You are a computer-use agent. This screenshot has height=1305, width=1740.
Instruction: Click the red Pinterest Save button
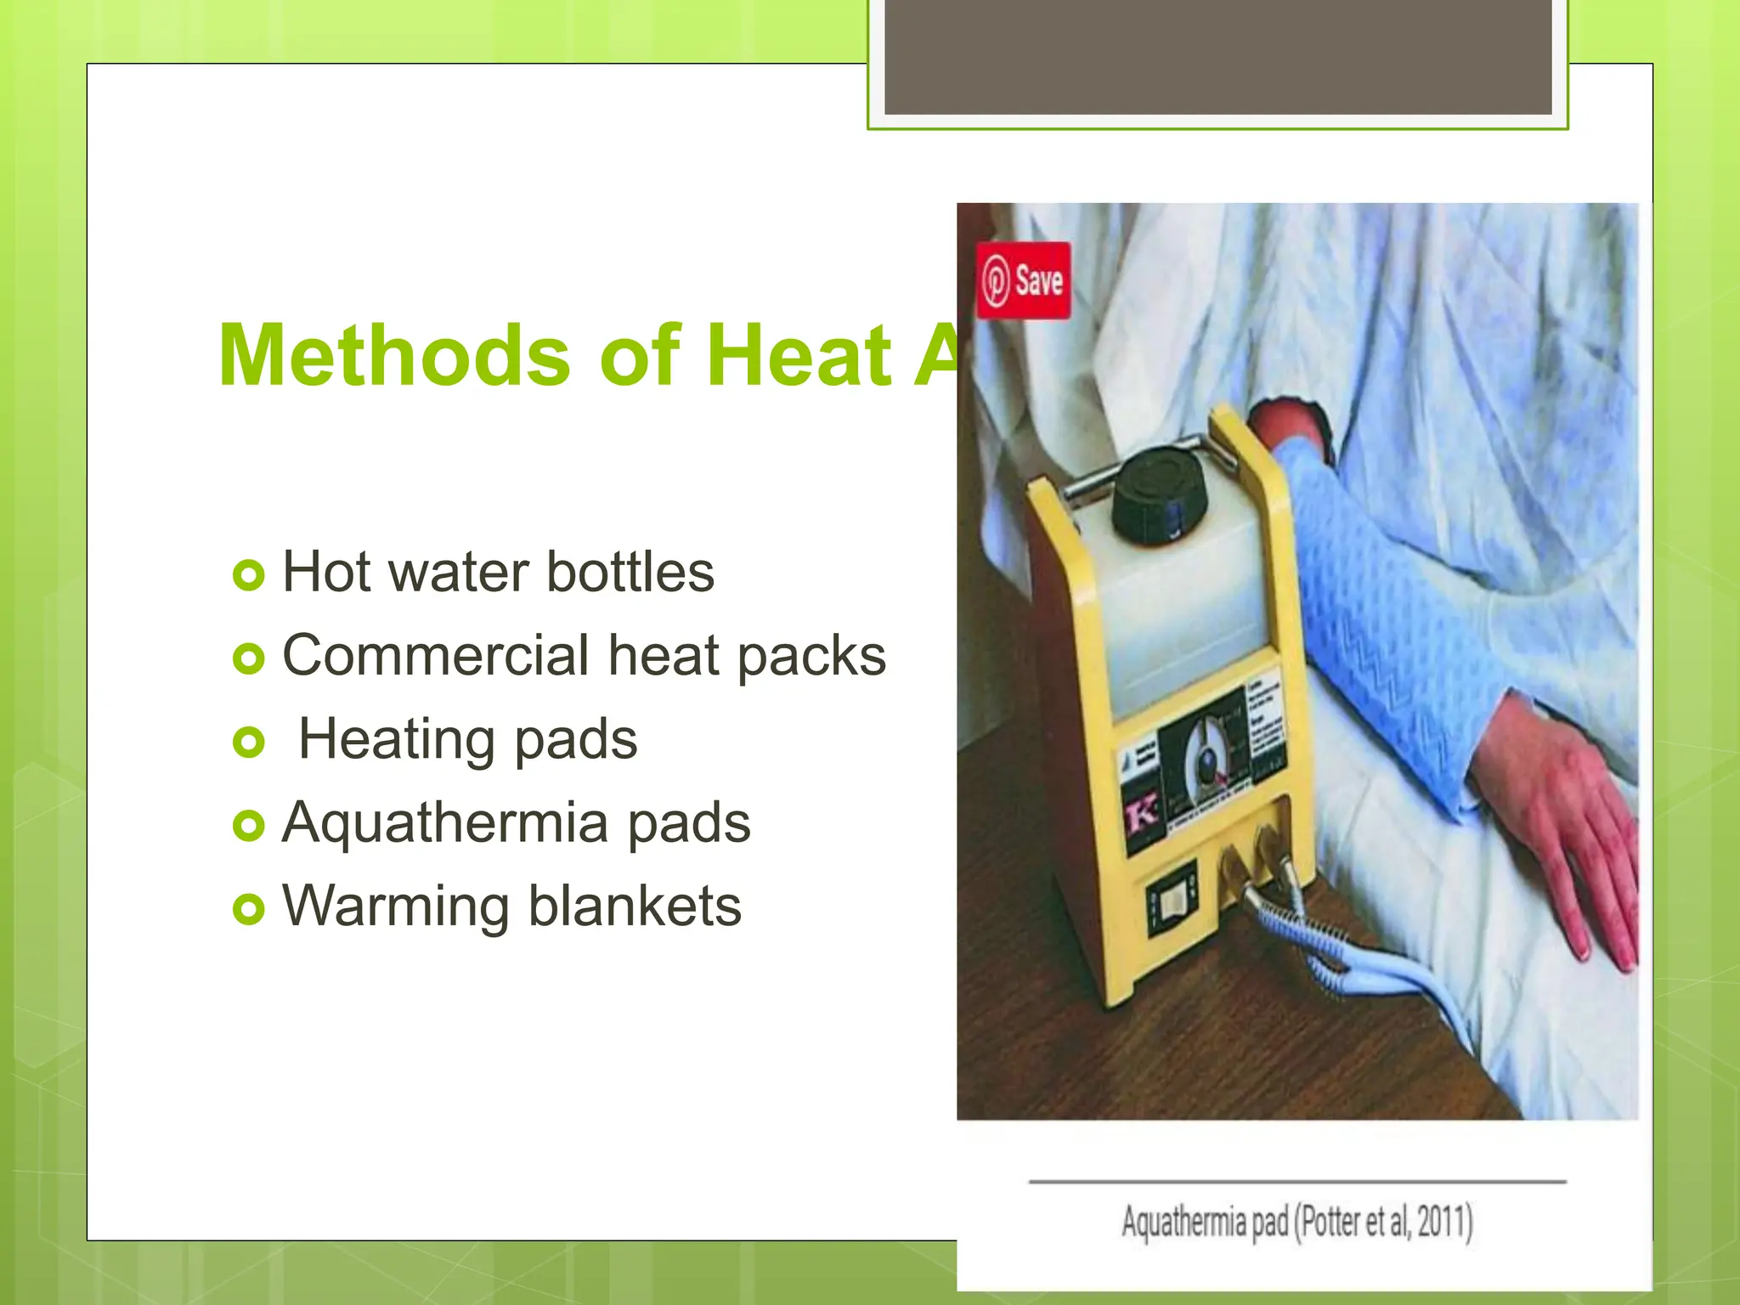point(1023,280)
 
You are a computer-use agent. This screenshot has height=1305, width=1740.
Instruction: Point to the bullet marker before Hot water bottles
point(248,575)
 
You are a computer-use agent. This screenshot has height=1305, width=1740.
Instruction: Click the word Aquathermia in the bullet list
point(445,823)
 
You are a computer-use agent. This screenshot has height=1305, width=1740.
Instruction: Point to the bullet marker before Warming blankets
point(248,909)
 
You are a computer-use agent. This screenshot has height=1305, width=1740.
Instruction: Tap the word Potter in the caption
point(1330,1222)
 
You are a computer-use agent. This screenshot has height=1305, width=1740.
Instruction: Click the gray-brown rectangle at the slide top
point(1217,57)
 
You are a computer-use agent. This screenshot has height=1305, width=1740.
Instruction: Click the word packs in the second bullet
point(811,658)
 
